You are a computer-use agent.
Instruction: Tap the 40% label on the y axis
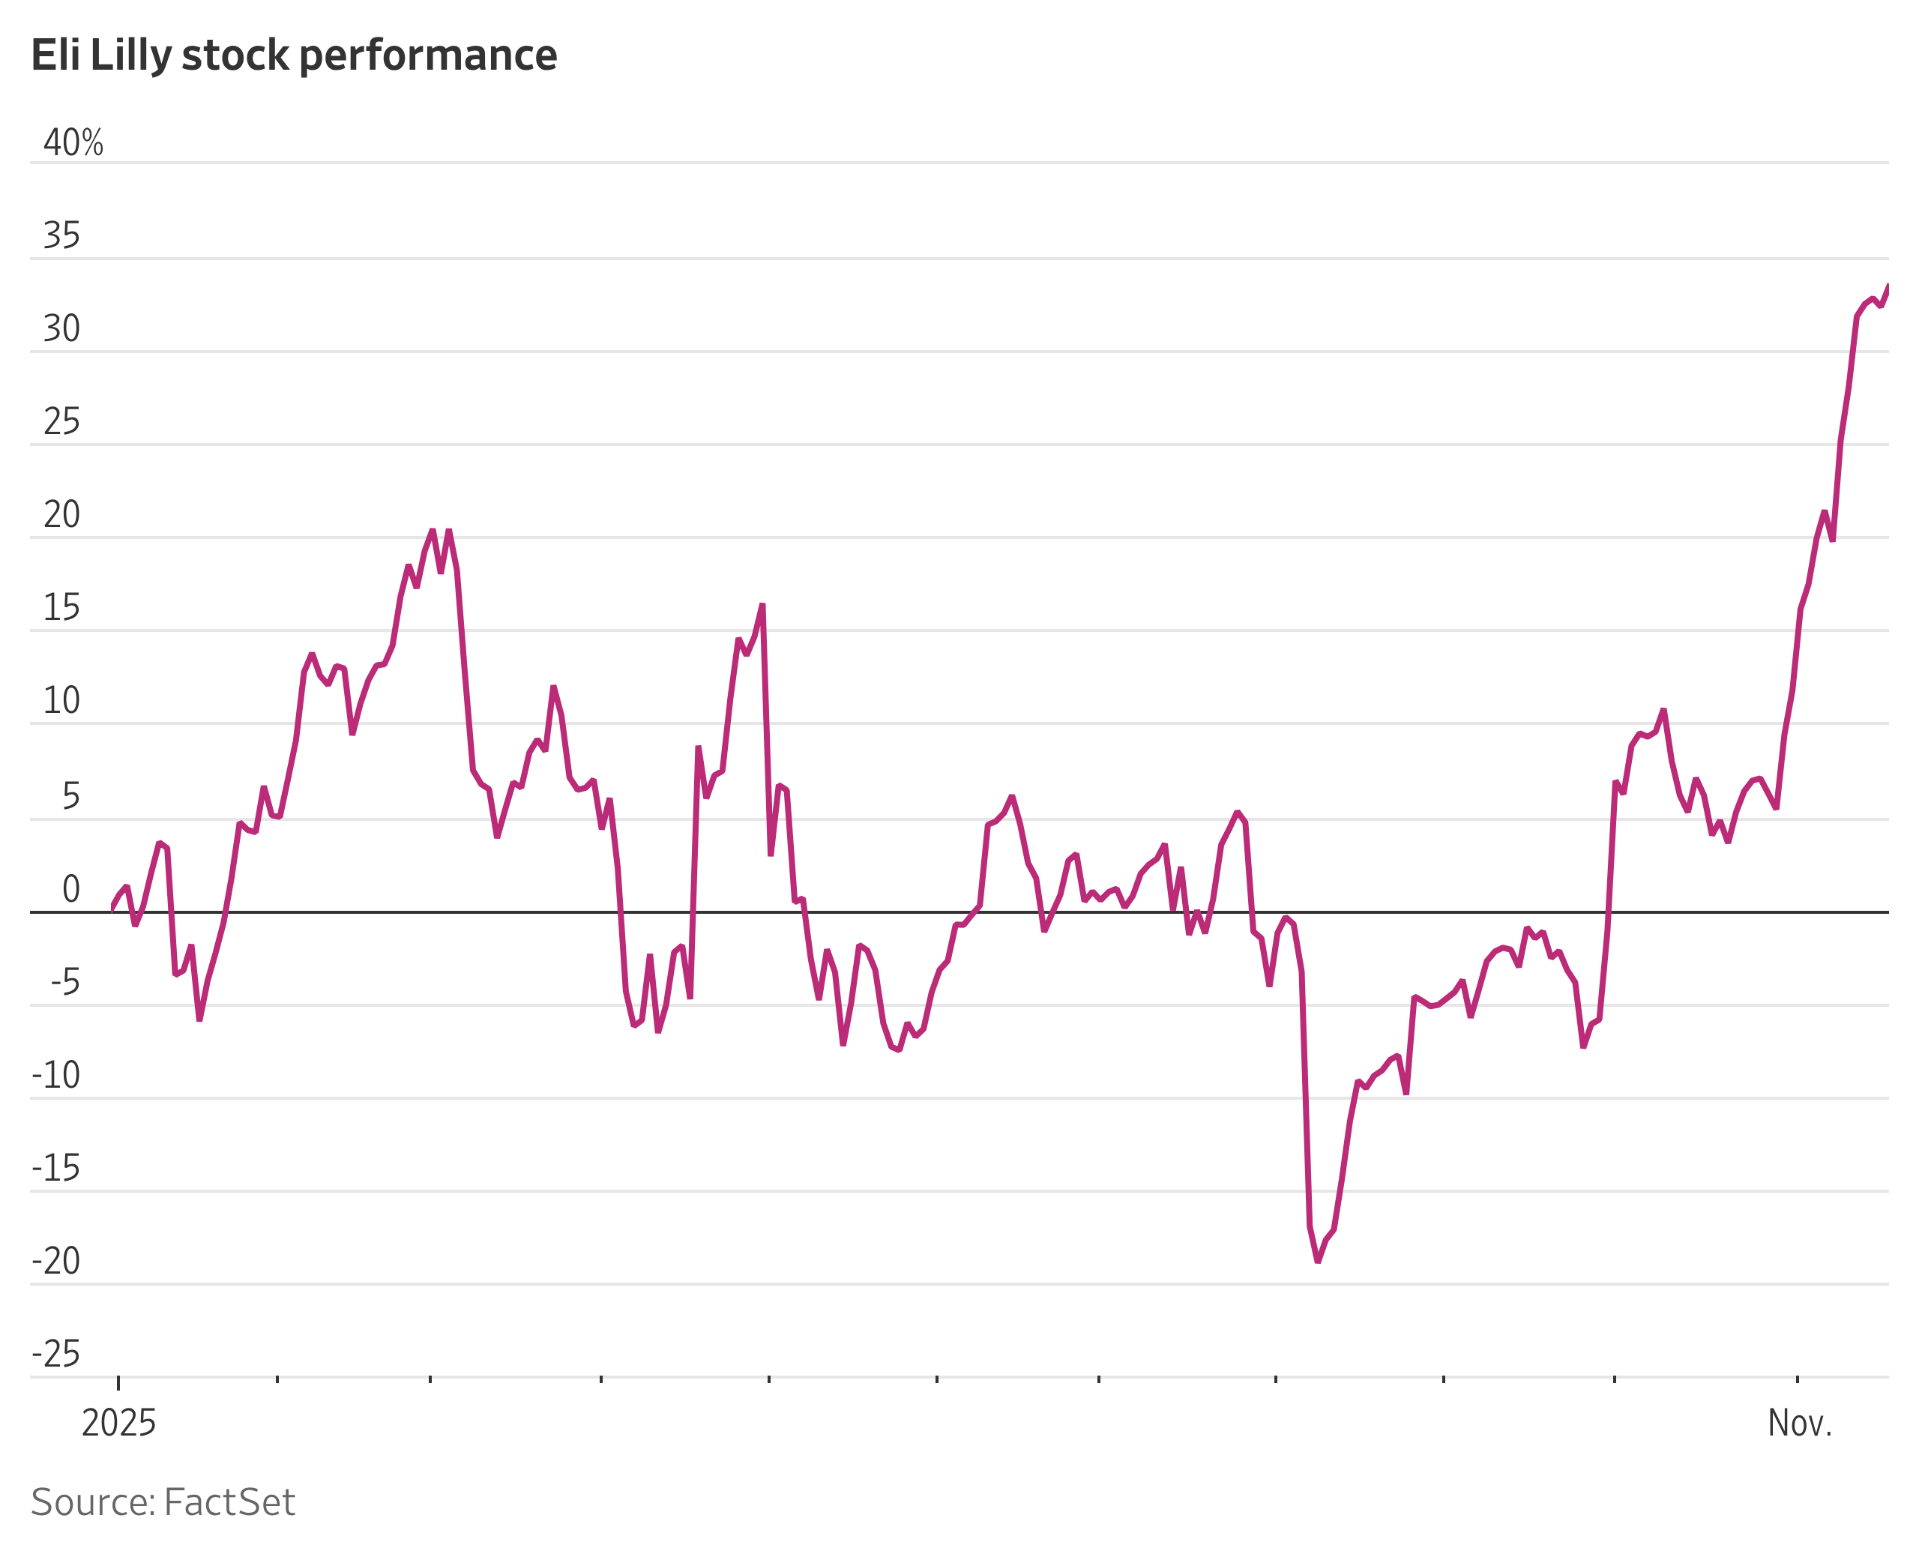coord(73,142)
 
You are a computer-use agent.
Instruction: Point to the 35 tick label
coord(61,236)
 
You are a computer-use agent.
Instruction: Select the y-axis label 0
coord(70,889)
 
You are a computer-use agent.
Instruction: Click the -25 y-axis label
coord(56,1354)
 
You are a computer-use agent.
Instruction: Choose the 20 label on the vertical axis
coord(61,514)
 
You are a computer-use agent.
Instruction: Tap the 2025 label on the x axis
coord(118,1423)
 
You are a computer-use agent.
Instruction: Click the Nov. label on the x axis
coord(1800,1423)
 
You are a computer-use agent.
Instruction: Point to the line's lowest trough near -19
coord(1317,1261)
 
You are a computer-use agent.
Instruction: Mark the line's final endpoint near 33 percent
coord(1887,287)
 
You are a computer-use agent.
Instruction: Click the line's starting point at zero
coord(112,909)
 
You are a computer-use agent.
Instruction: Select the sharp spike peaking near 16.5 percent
coord(762,606)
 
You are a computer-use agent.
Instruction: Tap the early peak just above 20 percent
coord(433,531)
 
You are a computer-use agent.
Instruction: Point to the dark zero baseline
coord(892,912)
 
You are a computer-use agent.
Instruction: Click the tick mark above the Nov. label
coord(1797,1380)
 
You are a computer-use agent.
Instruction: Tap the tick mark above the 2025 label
coord(118,1382)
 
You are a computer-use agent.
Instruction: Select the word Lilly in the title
coord(130,55)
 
